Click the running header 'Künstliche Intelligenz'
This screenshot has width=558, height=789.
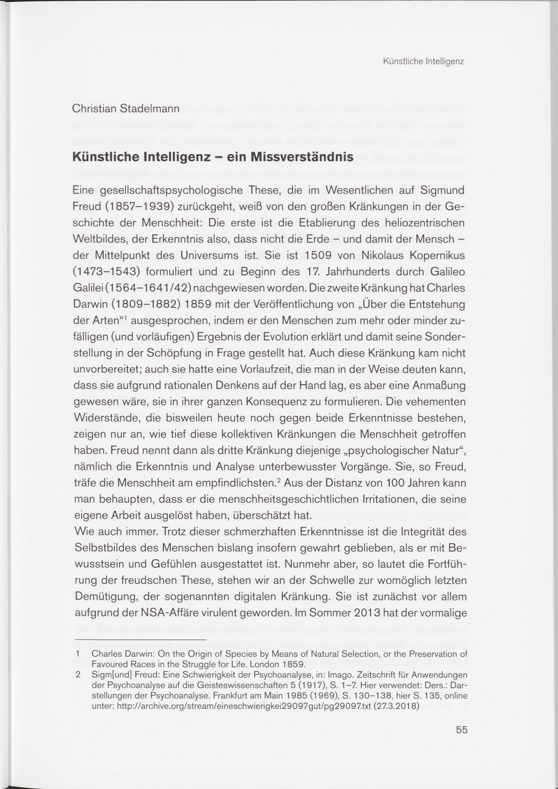(423, 62)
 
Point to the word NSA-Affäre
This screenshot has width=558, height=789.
(190, 613)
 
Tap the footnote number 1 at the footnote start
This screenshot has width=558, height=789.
(78, 654)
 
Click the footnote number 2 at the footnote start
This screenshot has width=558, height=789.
(78, 675)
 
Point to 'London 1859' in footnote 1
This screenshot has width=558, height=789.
(278, 663)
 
